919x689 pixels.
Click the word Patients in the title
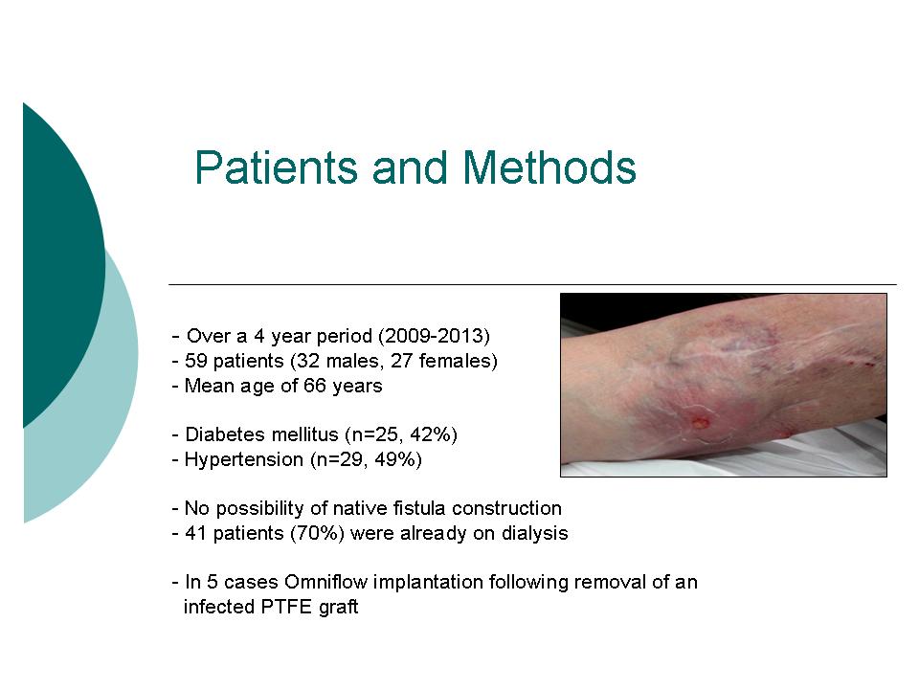click(x=276, y=167)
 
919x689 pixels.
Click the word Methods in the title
click(x=549, y=167)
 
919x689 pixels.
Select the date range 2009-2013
click(x=435, y=336)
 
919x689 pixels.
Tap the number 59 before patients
click(x=195, y=361)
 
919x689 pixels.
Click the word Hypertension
click(x=244, y=460)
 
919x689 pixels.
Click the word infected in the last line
click(x=219, y=607)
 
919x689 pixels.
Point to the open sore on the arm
click(x=701, y=422)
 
